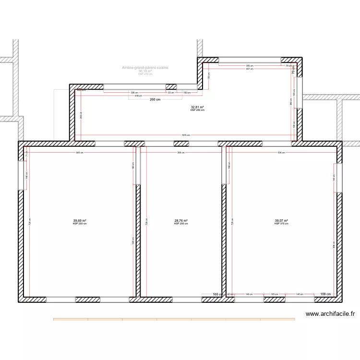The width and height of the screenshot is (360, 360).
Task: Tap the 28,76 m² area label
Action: click(181, 221)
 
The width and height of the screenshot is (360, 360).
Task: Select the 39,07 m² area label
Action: click(281, 221)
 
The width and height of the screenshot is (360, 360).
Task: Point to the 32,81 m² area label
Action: click(197, 107)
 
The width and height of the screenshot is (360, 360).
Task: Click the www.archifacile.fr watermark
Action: click(330, 314)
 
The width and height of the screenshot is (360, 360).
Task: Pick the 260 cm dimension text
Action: click(155, 100)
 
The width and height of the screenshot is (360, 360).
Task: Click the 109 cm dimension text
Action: click(326, 294)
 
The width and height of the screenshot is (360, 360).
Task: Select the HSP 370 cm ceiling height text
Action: click(281, 224)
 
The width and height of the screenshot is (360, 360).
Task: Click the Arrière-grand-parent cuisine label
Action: click(145, 68)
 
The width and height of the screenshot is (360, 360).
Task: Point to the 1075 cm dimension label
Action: click(186, 135)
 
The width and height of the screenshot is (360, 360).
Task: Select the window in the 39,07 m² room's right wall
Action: click(339, 178)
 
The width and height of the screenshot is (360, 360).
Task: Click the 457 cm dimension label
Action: click(250, 69)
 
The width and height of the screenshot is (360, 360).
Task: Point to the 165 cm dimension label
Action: click(274, 294)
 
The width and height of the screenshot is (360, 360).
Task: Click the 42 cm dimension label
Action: click(230, 294)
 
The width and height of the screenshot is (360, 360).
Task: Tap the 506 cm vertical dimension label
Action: click(334, 245)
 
